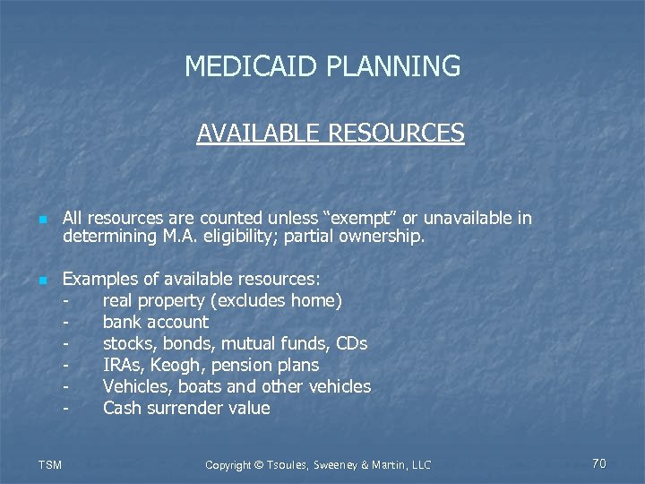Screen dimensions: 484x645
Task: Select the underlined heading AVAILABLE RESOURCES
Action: coord(331,134)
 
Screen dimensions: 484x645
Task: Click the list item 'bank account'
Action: coord(156,323)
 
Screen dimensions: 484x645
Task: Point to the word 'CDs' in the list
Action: coord(351,344)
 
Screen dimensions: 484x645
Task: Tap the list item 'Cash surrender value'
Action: coord(186,409)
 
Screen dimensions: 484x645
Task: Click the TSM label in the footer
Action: coord(51,464)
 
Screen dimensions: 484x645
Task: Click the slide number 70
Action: coord(599,463)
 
